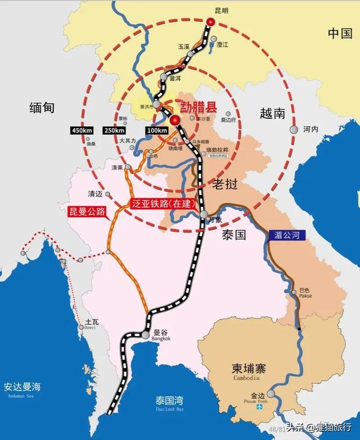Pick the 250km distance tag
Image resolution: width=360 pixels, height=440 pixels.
click(115, 131)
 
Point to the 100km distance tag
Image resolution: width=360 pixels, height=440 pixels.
click(156, 131)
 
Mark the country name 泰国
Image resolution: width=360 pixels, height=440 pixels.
click(233, 235)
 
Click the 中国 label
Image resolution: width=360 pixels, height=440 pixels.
click(340, 33)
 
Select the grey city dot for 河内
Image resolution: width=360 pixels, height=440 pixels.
click(294, 129)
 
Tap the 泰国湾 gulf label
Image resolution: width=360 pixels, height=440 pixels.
click(169, 401)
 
